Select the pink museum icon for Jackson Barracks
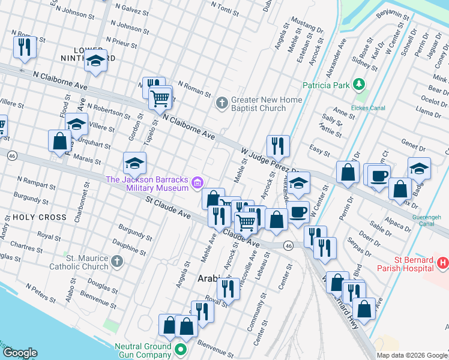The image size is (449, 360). click(197, 183)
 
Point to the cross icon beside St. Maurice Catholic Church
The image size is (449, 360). click(116, 262)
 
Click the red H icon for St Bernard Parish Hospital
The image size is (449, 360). click(442, 262)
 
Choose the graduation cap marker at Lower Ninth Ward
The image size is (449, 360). click(95, 61)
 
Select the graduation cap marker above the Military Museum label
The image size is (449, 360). click(134, 163)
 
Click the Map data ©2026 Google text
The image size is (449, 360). click(411, 355)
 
